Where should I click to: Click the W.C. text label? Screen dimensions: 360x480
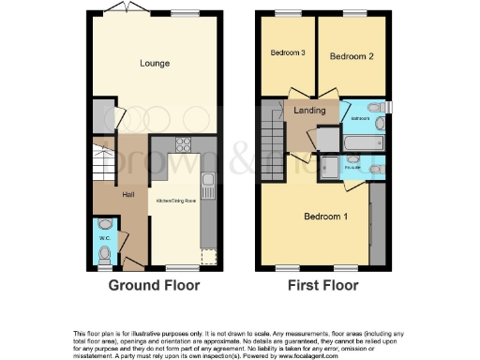click(105, 239)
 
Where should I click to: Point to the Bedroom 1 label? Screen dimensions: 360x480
click(325, 217)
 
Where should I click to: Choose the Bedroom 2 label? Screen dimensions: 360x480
click(352, 57)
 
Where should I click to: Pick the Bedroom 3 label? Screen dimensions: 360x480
click(288, 53)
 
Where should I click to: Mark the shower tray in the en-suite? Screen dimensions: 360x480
click(330, 166)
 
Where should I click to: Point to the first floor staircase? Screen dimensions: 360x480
click(273, 126)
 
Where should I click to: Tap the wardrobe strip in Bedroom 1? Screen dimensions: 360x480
click(378, 222)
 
